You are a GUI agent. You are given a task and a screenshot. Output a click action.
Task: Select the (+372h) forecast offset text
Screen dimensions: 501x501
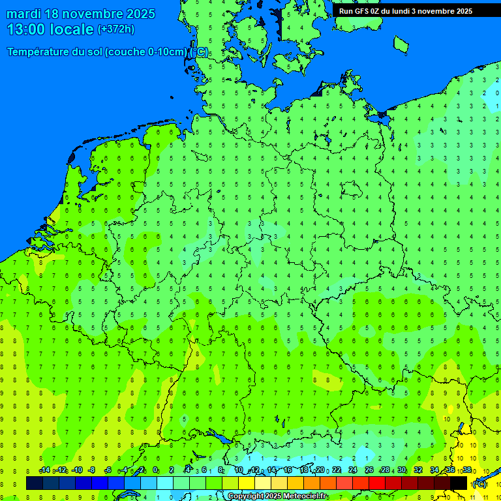[x=116, y=29]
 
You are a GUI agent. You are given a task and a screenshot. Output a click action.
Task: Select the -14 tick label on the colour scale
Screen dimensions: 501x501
[x=44, y=470]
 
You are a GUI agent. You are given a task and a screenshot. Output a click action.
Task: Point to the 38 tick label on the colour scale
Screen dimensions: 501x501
[x=467, y=470]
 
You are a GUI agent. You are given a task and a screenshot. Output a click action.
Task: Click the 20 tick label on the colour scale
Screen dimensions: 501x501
[x=320, y=470]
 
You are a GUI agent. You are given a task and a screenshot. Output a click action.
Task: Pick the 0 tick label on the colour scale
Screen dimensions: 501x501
[x=155, y=470]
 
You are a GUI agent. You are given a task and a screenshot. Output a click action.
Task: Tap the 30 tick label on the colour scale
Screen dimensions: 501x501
[x=402, y=470]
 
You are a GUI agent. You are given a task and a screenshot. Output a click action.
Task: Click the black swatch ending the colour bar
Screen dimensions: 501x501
[x=459, y=483]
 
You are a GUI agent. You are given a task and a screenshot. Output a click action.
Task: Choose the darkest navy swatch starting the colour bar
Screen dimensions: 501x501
[x=35, y=483]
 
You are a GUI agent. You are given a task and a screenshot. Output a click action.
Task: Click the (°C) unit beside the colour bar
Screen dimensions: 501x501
[x=479, y=484]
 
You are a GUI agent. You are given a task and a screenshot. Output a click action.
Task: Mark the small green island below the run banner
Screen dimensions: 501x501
[x=401, y=44]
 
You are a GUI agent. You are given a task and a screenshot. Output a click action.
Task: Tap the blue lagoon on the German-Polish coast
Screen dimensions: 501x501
[x=380, y=117]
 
